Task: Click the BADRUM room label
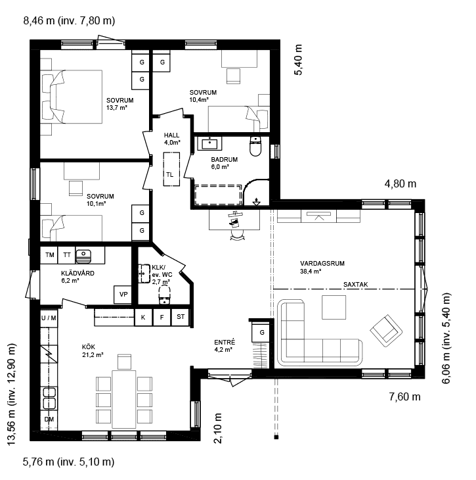pos(224,160)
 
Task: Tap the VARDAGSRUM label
pos(322,263)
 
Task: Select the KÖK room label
pos(89,347)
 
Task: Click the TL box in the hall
pos(171,169)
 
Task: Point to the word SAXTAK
pos(356,285)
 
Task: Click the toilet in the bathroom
pos(255,147)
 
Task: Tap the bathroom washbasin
pos(209,143)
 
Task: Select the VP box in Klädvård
pos(123,295)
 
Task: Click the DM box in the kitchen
pos(49,420)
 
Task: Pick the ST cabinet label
pos(181,316)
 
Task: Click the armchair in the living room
pos(386,331)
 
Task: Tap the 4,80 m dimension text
pos(400,183)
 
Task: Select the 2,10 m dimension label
pos(218,428)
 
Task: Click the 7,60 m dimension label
pos(405,396)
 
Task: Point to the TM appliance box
pos(49,255)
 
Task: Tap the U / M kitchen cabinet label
pos(49,318)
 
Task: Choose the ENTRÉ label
pos(225,342)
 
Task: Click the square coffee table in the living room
pos(334,307)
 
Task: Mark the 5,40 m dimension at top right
pos(298,60)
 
